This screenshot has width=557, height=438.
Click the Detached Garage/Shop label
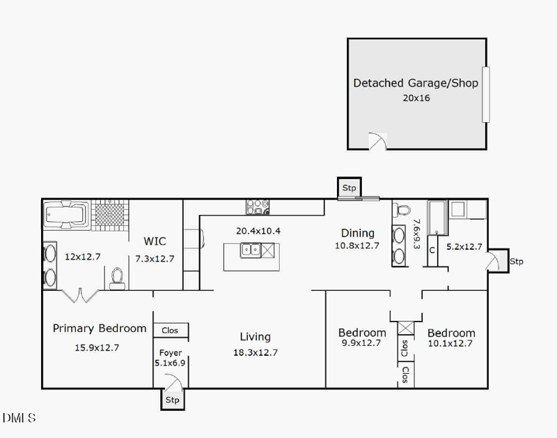coord(416,83)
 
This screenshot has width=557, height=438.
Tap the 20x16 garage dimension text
coord(416,98)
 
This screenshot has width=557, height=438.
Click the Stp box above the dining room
coord(349,188)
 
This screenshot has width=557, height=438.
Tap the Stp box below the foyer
coord(172,400)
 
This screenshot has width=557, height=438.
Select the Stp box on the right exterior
coord(516,262)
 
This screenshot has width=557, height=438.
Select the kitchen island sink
coord(250,248)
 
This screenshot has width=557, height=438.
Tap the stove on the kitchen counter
coord(258,207)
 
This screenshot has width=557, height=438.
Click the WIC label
coord(155,241)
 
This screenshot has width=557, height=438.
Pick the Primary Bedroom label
coord(100,328)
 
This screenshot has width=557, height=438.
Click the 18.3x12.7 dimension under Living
coord(255,352)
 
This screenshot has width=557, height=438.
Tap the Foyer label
coord(171,353)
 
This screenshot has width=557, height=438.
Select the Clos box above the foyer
coord(170,331)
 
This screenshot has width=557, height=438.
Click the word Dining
coord(357,233)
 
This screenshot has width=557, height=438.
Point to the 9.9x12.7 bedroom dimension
coord(362,343)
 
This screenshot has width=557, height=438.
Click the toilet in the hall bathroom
coord(402,210)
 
